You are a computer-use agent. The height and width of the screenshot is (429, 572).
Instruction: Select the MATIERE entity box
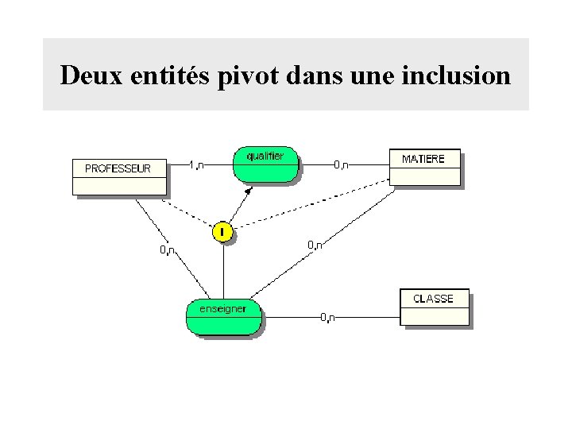coord(423,167)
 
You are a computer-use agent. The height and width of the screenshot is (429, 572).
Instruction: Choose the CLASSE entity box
coord(434,307)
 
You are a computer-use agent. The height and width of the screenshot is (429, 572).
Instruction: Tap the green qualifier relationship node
coord(265,164)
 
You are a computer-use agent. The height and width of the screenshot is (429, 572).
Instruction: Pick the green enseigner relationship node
coord(223,316)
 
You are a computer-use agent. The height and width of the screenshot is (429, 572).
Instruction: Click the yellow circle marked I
coord(223,232)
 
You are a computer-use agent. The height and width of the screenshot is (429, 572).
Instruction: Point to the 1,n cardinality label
coord(196,164)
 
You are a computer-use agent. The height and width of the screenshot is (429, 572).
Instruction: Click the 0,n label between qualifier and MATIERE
coord(340,164)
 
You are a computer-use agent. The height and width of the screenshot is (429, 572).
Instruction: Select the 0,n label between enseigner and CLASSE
coord(327,318)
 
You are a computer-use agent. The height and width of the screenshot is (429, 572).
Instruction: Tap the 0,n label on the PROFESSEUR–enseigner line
coord(168,250)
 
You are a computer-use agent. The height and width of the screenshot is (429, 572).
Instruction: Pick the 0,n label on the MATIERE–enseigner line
coord(315,245)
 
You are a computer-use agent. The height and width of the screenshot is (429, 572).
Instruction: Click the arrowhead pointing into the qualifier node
coord(249,191)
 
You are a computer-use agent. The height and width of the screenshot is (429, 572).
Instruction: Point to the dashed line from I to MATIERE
coord(310,205)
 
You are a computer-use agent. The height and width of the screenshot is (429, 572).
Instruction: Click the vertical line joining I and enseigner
coord(223,270)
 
